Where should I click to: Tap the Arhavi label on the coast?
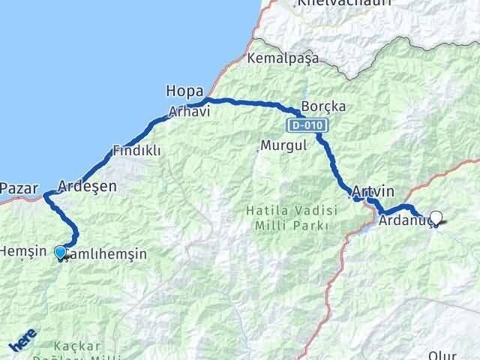click(188, 111)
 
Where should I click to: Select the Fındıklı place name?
click(136, 151)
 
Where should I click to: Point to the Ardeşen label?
click(87, 186)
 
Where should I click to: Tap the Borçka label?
click(323, 106)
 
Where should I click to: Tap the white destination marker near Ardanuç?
click(436, 218)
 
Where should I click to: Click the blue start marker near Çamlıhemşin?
click(61, 252)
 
